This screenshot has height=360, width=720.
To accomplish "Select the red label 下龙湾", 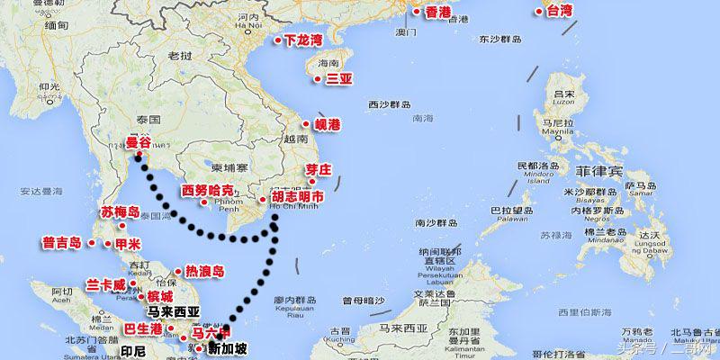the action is pos(302,40).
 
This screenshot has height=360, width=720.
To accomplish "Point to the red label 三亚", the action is pos(338,79).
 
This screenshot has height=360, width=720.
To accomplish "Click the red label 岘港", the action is pos(328,123).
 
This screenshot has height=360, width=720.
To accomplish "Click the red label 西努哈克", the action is pos(208,190).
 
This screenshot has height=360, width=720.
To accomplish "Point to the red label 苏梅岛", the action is pos(121,212).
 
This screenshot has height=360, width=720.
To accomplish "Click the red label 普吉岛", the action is pos(62,242).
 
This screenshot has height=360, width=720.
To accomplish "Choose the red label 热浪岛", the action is pos(204,270).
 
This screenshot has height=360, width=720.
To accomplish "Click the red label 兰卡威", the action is pos(105,283).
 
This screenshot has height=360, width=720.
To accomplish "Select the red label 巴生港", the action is pos(142,329).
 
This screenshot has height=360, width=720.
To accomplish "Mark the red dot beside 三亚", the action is pos(318,79).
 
